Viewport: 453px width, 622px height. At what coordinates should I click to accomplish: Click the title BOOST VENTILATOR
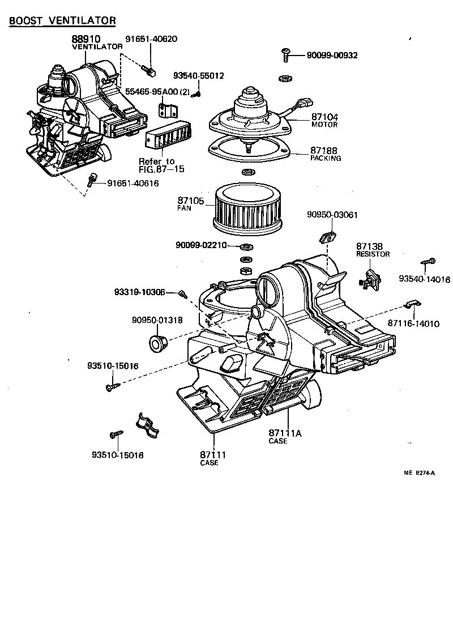pos(62,21)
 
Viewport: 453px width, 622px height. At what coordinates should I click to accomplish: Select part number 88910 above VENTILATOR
pos(86,39)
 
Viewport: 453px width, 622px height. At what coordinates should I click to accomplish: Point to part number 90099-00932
pos(332,55)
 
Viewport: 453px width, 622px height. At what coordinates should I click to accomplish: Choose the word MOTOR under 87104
pos(324,125)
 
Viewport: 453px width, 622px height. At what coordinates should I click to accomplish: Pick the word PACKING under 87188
pos(326,159)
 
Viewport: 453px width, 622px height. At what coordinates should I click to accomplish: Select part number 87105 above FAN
pos(190,201)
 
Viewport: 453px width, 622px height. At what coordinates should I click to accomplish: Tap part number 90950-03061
pos(332,215)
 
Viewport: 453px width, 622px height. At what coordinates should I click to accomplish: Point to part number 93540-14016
pos(424,279)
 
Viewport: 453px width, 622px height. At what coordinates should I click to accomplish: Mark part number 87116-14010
pos(413,323)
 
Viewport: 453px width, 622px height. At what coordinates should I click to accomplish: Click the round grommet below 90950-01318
pos(156,343)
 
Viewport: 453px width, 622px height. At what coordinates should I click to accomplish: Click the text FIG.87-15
pos(161,169)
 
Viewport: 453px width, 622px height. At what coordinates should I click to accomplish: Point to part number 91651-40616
pos(133,183)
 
